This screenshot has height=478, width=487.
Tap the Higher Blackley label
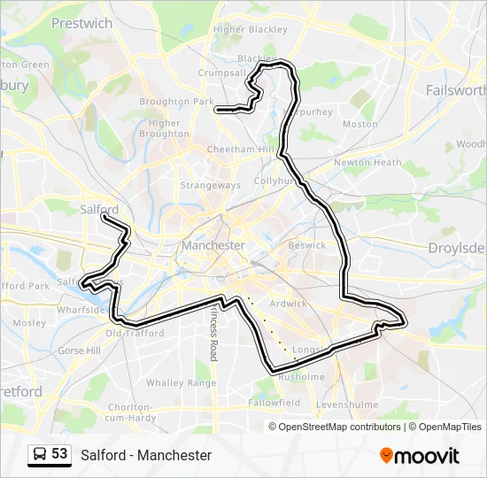click(251, 29)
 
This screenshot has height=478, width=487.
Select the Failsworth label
click(456, 90)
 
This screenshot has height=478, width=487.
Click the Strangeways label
click(210, 185)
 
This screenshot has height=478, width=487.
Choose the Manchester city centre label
click(213, 244)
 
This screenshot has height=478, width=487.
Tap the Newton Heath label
click(367, 163)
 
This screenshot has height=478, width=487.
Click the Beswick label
click(307, 245)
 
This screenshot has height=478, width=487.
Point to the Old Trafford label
click(135, 334)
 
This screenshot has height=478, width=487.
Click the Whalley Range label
click(181, 382)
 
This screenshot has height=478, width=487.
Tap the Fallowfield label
click(274, 402)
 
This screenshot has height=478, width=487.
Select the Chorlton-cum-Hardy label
click(130, 412)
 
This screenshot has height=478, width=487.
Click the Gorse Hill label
click(78, 351)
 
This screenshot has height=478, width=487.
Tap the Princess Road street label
click(213, 333)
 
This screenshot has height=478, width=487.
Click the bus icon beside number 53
click(40, 454)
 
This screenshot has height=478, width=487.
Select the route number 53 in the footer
click(59, 454)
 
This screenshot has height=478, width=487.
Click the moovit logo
click(420, 455)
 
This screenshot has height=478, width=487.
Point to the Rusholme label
click(302, 376)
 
